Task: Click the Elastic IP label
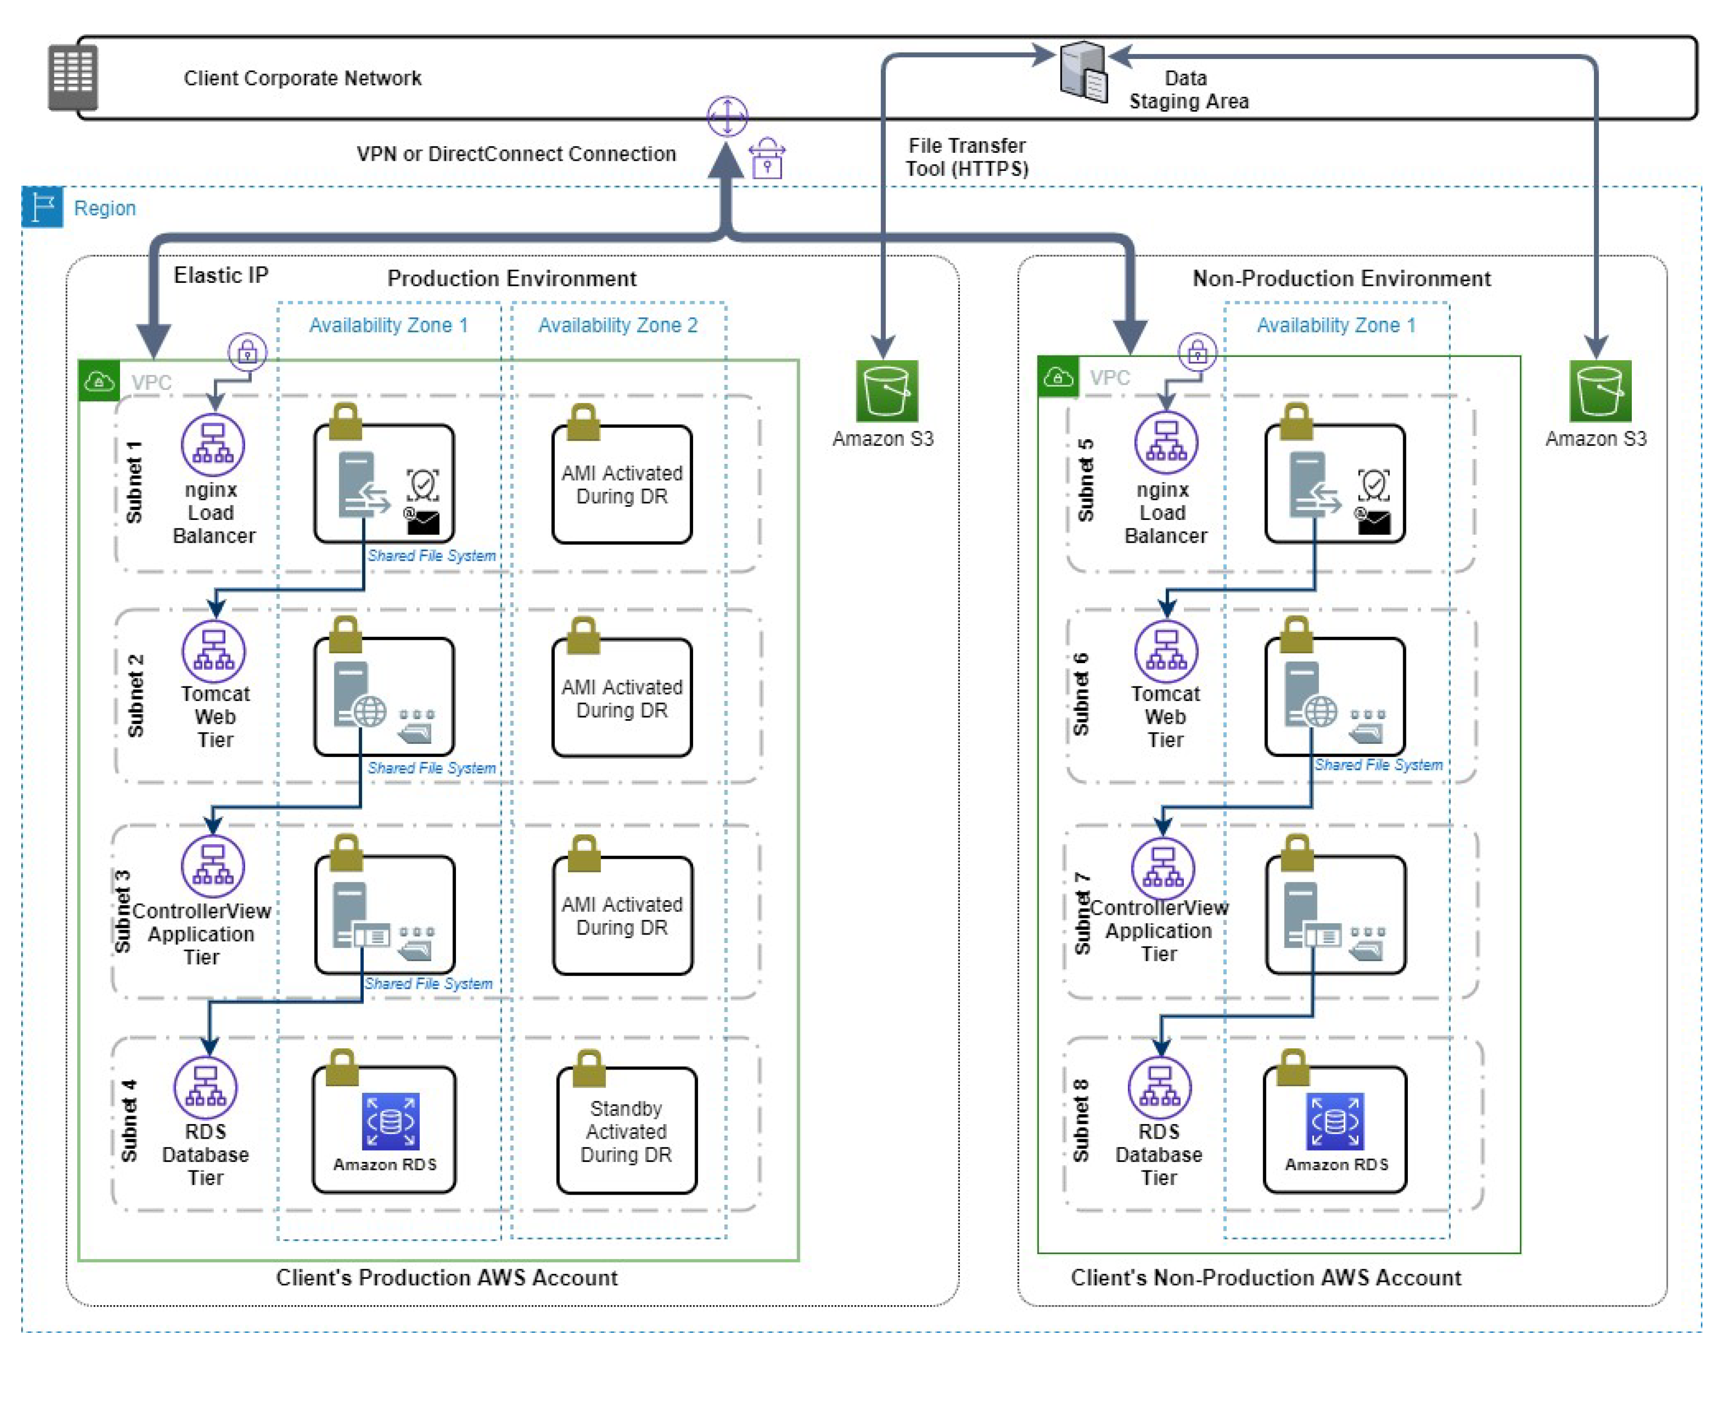point(220,275)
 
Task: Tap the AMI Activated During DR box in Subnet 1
point(621,485)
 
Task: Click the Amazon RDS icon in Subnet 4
point(390,1121)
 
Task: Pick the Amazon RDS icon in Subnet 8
point(1334,1121)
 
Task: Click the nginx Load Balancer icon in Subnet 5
point(1165,442)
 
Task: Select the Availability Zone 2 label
point(617,325)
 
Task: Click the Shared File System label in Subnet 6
point(1378,764)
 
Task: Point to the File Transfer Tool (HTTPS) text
point(966,157)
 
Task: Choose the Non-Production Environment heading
point(1341,278)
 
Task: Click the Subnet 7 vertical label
point(1081,913)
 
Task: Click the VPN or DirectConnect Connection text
point(516,154)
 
